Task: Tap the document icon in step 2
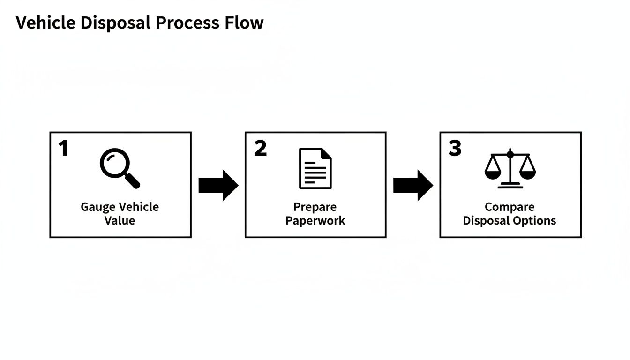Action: click(x=315, y=168)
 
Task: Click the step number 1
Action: click(x=63, y=149)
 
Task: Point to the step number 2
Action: click(x=260, y=149)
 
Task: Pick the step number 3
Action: click(x=455, y=149)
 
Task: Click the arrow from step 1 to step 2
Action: click(x=218, y=186)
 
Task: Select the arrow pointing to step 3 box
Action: click(x=412, y=186)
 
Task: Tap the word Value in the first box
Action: click(x=120, y=221)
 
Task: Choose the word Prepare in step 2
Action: click(x=315, y=207)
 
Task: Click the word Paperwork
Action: click(x=315, y=221)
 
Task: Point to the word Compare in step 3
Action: click(x=510, y=207)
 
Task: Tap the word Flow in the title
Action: click(x=246, y=22)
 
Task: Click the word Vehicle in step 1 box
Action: click(x=139, y=207)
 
